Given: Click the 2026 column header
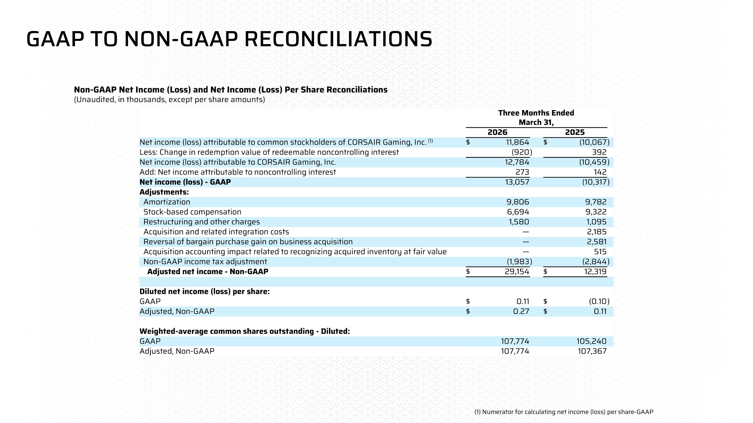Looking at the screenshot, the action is click(x=497, y=132).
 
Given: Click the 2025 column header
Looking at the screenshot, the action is click(x=575, y=132).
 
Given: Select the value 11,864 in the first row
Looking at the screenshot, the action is click(x=517, y=142).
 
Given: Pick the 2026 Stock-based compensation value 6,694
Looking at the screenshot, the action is click(x=518, y=212).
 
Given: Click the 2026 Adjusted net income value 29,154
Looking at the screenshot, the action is click(x=517, y=272).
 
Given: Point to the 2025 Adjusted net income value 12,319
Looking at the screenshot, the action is click(x=595, y=272).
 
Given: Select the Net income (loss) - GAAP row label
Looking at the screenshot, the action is click(x=185, y=182).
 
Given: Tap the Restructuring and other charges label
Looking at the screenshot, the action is click(x=201, y=222).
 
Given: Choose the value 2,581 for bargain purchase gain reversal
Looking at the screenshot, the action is click(x=597, y=242).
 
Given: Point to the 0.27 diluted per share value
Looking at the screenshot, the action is click(x=521, y=311).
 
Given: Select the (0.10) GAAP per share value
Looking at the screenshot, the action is click(x=599, y=301).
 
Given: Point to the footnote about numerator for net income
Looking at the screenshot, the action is click(x=563, y=412).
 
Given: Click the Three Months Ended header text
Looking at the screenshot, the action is click(x=536, y=113).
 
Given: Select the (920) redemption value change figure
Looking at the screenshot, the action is click(x=522, y=152).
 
